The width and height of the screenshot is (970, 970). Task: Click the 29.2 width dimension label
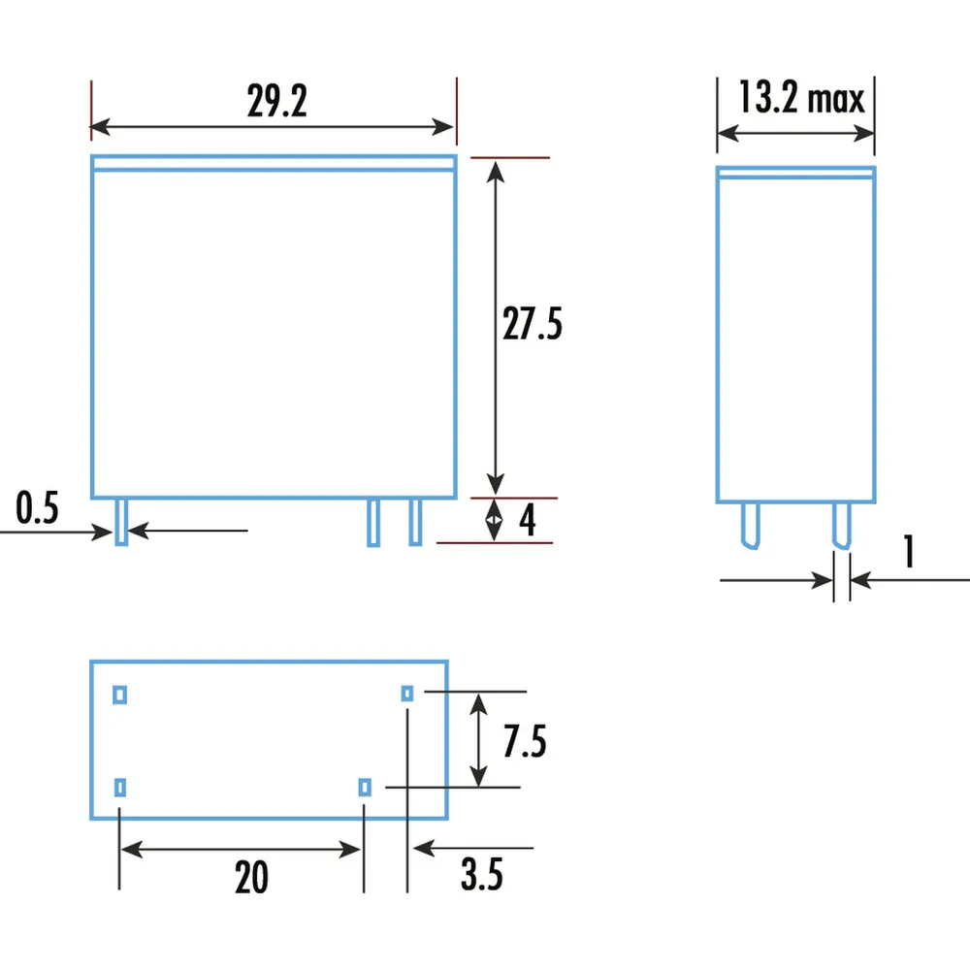[x=276, y=101]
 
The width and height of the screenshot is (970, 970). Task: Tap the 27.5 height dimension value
[x=532, y=325]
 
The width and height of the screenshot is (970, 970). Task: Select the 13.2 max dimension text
[x=800, y=98]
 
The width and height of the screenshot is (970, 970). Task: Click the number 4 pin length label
[x=527, y=522]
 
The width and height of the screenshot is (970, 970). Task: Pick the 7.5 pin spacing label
[x=525, y=742]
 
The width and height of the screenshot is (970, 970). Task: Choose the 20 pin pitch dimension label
[x=251, y=878]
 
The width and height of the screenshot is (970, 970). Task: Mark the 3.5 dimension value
[x=482, y=877]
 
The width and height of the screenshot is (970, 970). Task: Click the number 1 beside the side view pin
[x=909, y=552]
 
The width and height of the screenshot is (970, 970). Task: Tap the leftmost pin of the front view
[x=121, y=523]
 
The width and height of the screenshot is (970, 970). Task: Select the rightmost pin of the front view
[x=415, y=523]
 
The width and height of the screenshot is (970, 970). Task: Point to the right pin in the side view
[x=841, y=525]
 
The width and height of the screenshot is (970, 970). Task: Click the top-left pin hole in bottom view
[x=120, y=694]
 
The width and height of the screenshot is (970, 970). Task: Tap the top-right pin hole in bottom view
[x=407, y=693]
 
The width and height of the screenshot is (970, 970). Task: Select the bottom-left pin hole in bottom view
[x=120, y=787]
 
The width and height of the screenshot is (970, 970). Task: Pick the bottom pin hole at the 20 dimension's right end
[x=364, y=787]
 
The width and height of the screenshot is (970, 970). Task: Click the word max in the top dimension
[x=836, y=100]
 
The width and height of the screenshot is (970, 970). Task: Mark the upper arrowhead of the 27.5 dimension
[x=496, y=171]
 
